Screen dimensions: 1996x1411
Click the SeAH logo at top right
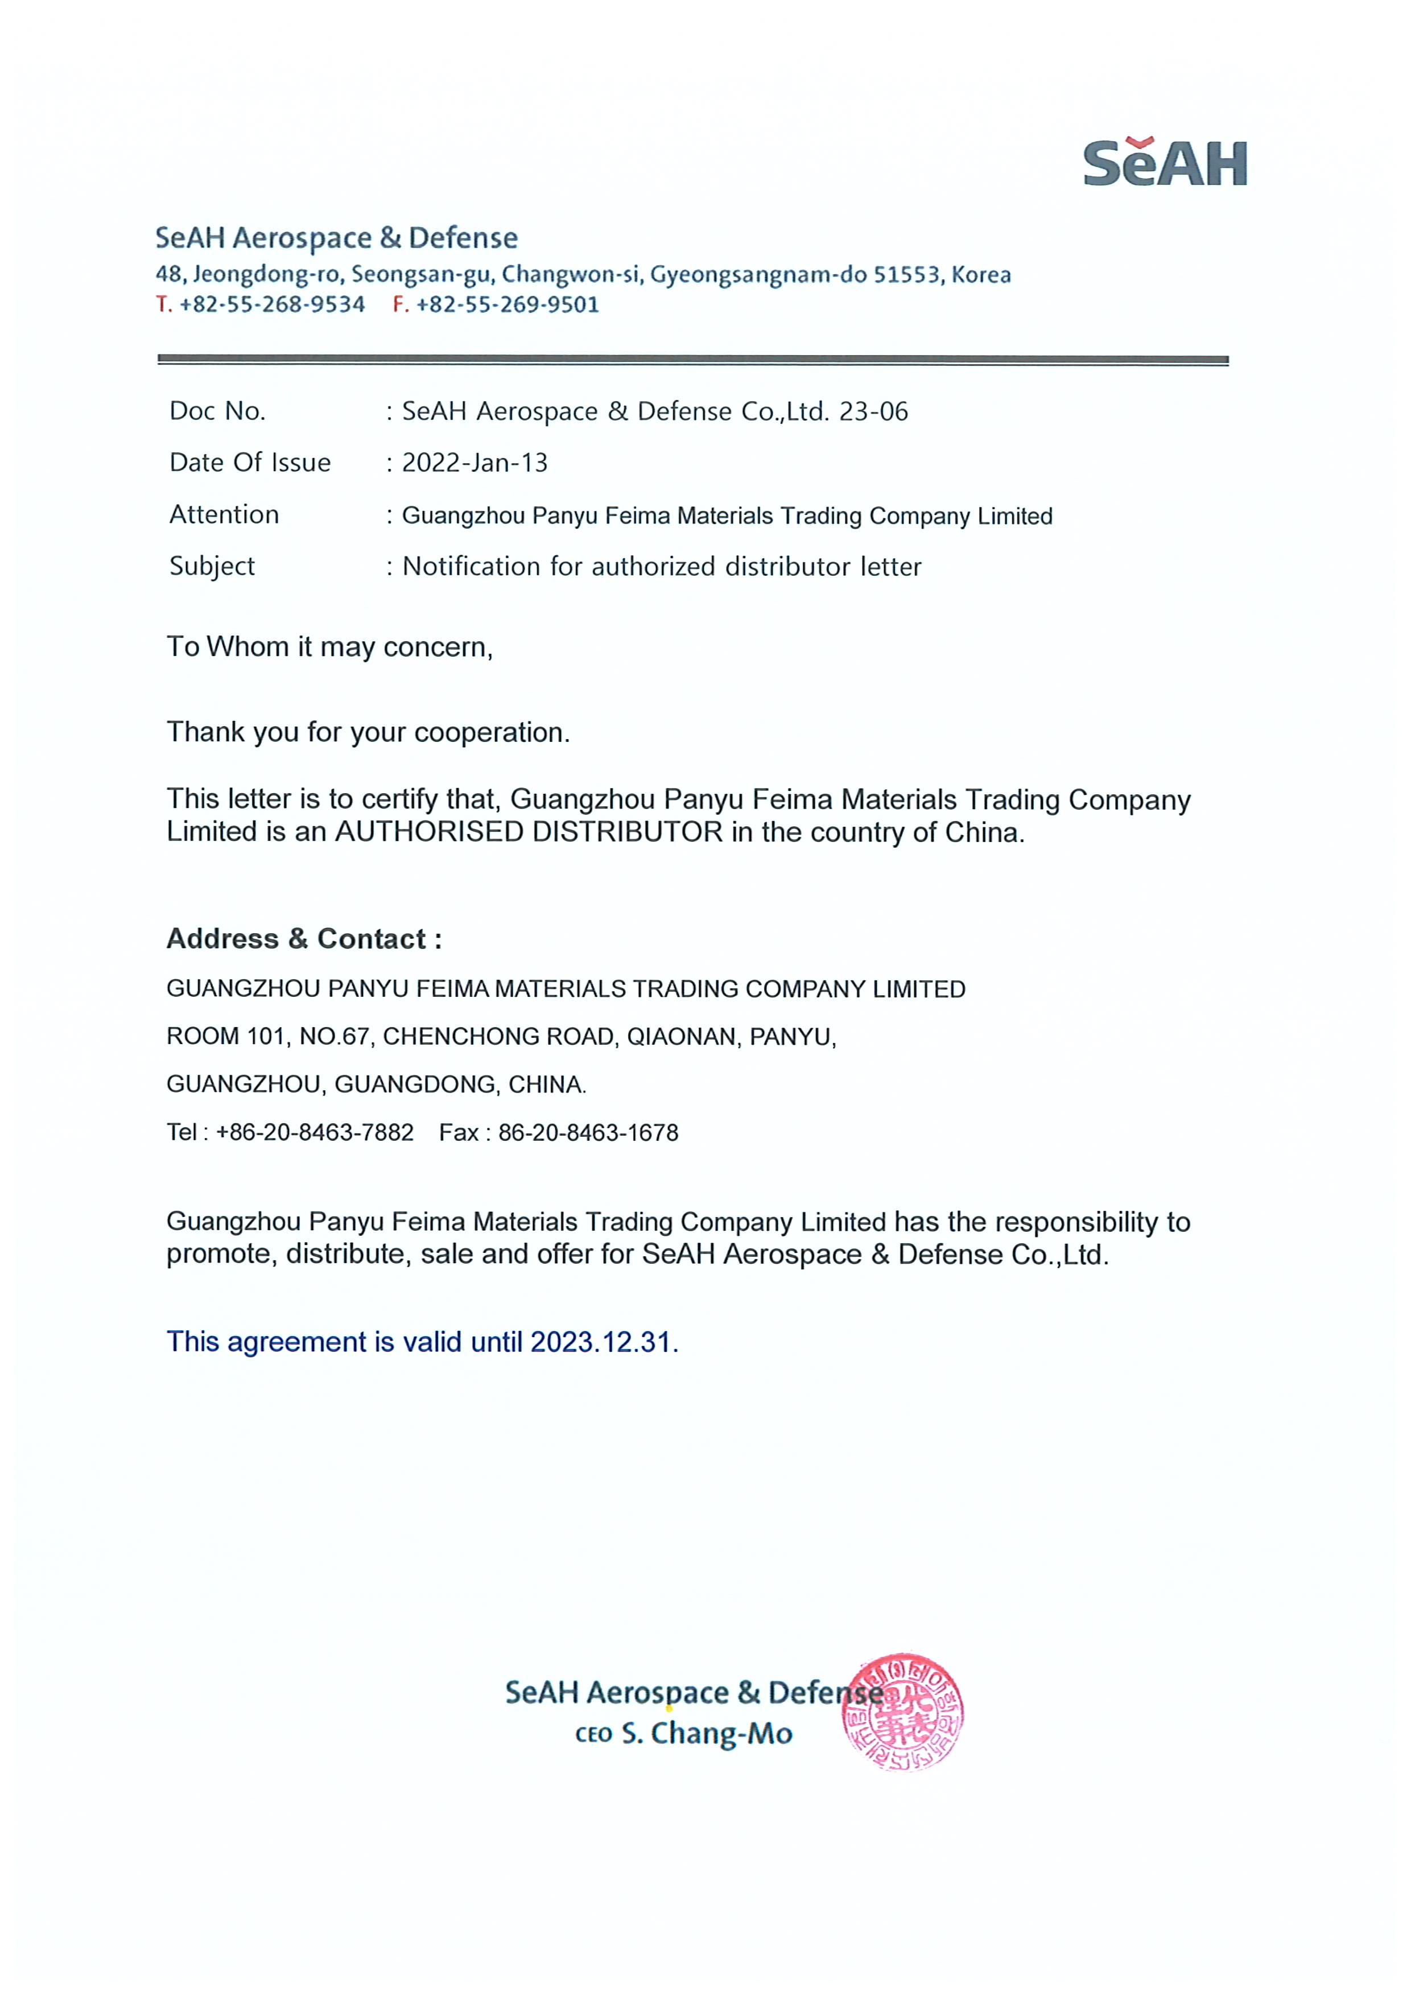tap(1165, 163)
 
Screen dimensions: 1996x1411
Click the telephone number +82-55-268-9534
tap(272, 304)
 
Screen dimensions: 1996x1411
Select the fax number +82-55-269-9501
tap(508, 304)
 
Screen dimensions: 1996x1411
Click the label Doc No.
tap(217, 411)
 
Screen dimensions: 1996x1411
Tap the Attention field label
tap(224, 515)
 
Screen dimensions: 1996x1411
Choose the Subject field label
tap(212, 566)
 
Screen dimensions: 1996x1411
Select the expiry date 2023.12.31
tap(603, 1342)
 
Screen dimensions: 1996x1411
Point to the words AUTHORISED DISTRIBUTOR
tap(529, 832)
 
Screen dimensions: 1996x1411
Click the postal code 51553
tap(907, 275)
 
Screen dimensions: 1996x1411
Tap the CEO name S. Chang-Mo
tap(707, 1734)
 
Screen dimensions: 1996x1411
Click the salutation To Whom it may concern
tap(329, 647)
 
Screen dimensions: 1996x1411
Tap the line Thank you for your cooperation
tap(368, 732)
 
